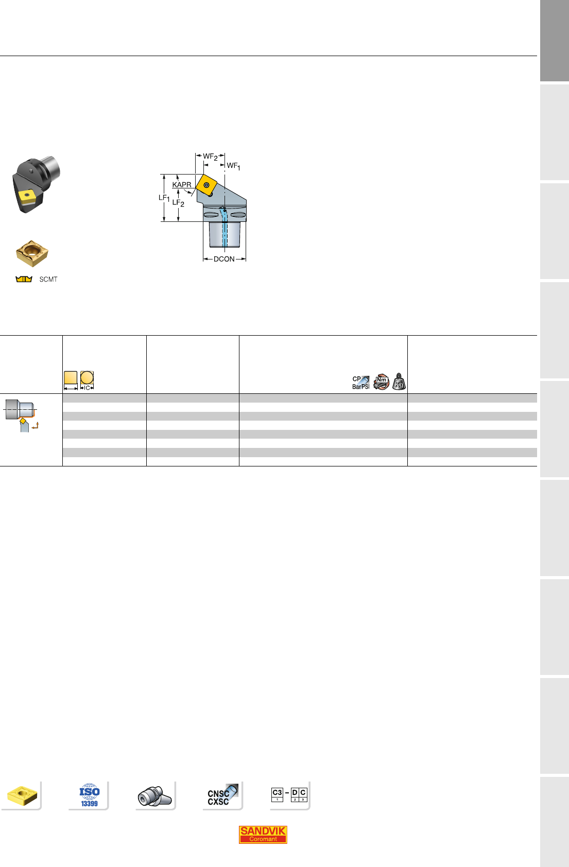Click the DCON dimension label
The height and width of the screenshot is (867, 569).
click(x=224, y=259)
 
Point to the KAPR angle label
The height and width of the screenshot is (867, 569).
click(x=182, y=185)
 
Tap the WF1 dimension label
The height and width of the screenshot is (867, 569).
click(x=233, y=166)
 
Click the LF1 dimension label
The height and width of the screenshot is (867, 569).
click(x=164, y=198)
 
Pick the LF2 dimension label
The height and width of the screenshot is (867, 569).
click(x=178, y=203)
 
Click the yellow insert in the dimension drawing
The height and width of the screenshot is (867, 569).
click(x=206, y=185)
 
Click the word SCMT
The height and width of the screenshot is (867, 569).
click(x=48, y=280)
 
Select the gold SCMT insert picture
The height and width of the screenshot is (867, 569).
click(x=32, y=253)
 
